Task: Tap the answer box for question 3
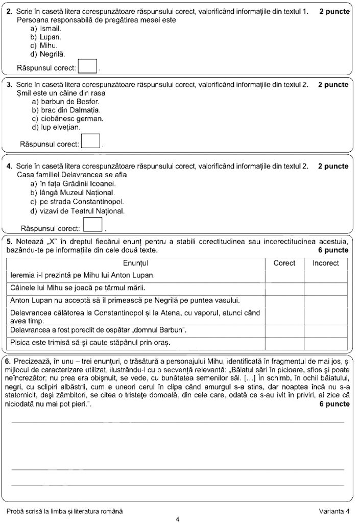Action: point(91,141)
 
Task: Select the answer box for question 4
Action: point(92,225)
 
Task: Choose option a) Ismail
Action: point(46,29)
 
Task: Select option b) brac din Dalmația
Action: point(66,110)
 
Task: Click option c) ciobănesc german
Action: point(67,118)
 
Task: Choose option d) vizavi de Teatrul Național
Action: point(77,210)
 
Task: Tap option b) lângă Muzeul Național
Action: point(73,193)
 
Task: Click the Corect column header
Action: point(284,263)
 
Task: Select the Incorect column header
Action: point(325,263)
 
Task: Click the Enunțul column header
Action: point(135,263)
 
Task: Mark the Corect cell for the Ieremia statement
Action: point(284,275)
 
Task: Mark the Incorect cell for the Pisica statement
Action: point(325,342)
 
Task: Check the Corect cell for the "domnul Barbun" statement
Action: point(284,329)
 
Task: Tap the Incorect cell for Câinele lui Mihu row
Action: point(325,288)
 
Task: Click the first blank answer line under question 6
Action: point(177,422)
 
